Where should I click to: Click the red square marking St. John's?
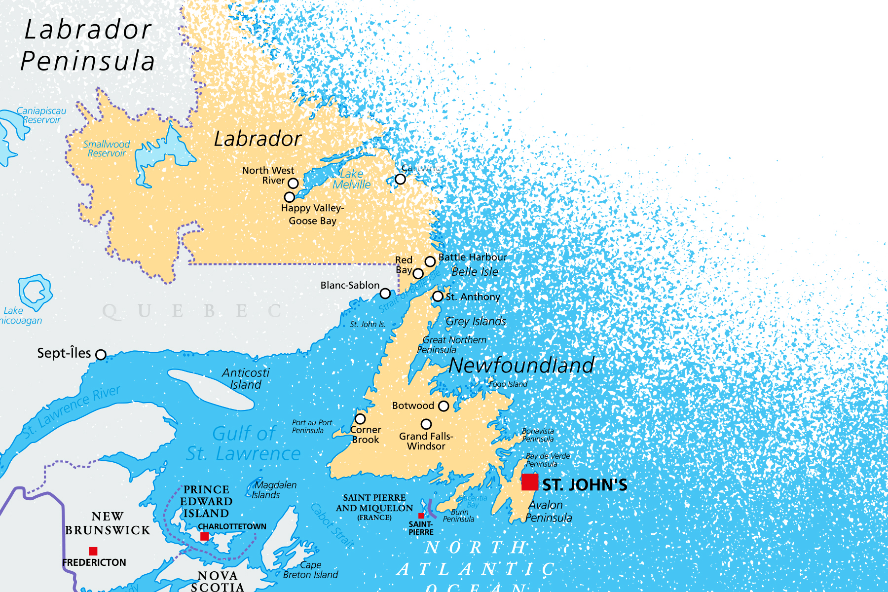coord(530,481)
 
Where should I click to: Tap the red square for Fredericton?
coord(93,551)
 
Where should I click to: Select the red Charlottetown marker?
coord(204,536)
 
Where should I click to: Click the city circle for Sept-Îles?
coord(101,354)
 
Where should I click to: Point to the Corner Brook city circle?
coord(360,419)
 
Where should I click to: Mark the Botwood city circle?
coord(444,406)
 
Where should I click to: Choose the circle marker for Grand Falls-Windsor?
coord(426,424)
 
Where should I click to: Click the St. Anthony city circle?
coord(438,296)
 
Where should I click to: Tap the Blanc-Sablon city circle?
coord(385,294)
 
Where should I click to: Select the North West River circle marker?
coord(293,183)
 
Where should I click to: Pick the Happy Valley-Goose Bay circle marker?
coord(290,197)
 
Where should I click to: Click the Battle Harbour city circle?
coord(430,261)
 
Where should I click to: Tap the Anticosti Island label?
coord(246,378)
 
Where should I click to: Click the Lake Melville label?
coord(352,179)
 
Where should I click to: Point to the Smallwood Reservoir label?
coord(107,148)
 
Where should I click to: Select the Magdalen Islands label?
coord(274,490)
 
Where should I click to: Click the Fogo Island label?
coord(508,384)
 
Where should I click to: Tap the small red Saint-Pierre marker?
coord(421,516)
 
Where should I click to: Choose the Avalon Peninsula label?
coord(548,511)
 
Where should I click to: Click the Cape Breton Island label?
coord(311,570)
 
